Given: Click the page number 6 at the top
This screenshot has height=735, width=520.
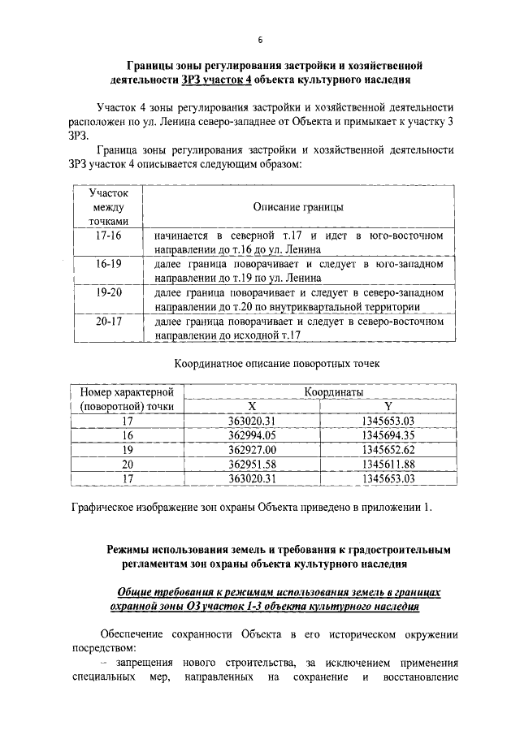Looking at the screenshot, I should tap(260, 40).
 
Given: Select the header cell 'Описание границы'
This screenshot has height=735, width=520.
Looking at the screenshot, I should tap(298, 208).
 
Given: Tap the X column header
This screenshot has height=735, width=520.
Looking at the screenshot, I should tap(252, 407).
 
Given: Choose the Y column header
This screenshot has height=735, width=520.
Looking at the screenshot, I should tap(388, 407).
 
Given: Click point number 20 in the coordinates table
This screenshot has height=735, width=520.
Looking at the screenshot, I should tap(127, 465).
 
